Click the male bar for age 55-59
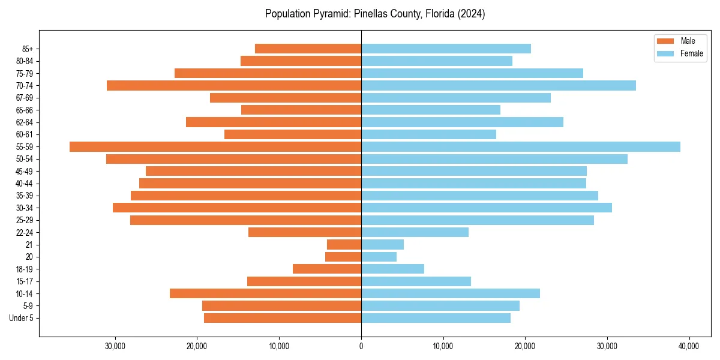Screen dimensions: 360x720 215,147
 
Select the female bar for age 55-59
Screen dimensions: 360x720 521,147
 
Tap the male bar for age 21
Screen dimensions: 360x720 344,245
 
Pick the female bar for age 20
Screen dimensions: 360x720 379,257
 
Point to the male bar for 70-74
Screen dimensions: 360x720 234,86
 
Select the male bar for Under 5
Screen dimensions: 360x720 283,318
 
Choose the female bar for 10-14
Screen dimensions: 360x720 451,293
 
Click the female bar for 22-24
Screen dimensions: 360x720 415,232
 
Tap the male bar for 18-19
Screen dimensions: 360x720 327,269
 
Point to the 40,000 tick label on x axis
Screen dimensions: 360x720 689,346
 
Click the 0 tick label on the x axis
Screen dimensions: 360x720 361,346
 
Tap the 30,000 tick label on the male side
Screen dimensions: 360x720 115,346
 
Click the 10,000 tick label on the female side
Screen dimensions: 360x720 443,346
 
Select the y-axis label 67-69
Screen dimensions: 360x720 24,98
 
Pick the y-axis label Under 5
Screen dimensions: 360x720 21,318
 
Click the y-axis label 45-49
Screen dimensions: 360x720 24,171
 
